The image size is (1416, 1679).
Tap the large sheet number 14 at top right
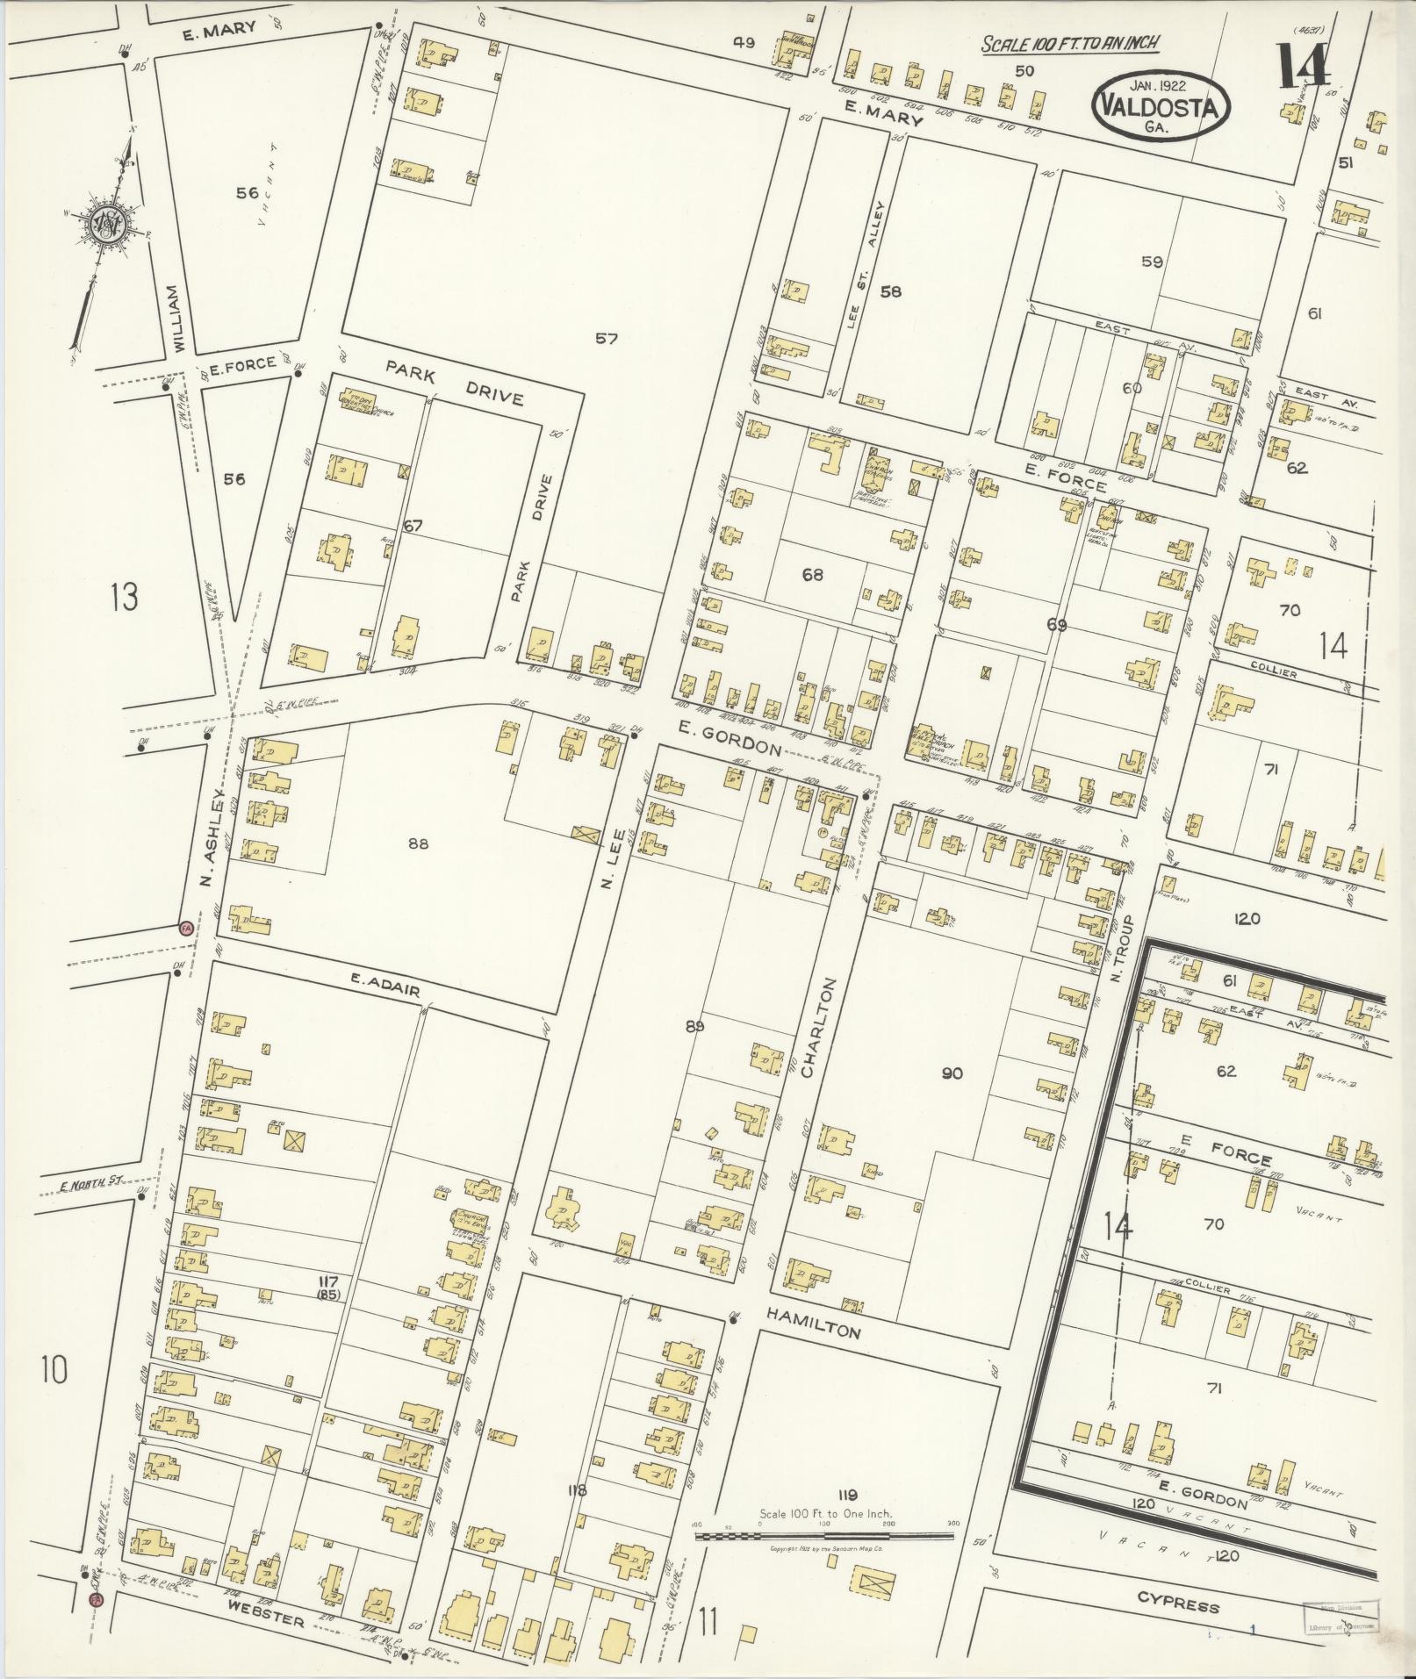click(1303, 66)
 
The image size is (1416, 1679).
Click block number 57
click(606, 338)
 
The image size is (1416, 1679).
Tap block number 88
click(419, 844)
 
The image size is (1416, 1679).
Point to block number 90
click(952, 1073)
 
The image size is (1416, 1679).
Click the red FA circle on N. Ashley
click(185, 928)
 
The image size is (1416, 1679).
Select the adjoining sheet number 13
click(124, 599)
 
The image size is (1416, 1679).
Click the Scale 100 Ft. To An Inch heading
click(1070, 44)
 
